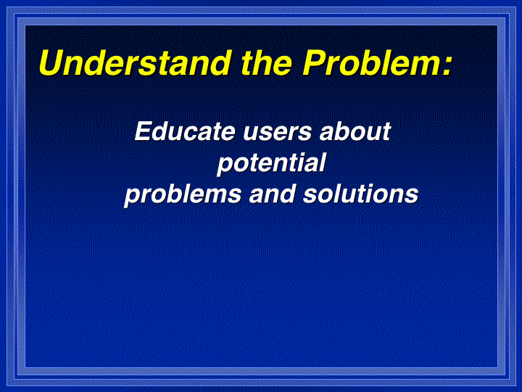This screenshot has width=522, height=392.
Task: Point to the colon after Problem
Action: [447, 66]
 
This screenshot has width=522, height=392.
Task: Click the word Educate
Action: [185, 131]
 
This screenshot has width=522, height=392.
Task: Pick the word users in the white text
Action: [278, 134]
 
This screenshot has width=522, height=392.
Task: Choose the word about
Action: [355, 131]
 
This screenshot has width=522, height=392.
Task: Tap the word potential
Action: [271, 163]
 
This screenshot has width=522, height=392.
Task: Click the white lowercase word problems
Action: [183, 195]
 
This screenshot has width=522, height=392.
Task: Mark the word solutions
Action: [360, 194]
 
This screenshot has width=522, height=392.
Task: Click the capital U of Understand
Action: [52, 62]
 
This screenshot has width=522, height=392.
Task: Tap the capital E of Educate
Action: [144, 131]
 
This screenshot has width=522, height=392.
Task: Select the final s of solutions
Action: [412, 196]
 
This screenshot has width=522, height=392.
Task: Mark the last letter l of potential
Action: [322, 163]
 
